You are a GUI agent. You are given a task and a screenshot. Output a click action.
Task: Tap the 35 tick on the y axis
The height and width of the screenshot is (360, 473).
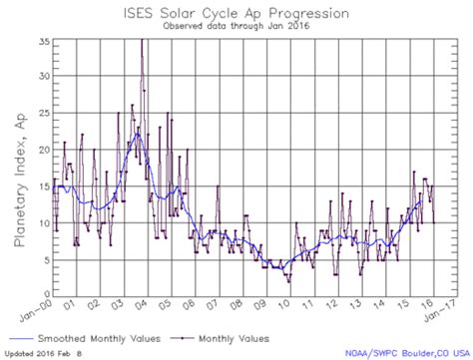[43, 41]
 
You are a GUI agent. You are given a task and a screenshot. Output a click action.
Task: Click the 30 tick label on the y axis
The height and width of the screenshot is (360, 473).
[43, 77]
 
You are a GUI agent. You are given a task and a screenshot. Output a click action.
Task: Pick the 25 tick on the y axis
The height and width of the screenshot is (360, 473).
[43, 113]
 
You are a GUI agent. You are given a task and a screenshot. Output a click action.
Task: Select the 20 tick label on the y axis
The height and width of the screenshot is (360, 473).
[43, 150]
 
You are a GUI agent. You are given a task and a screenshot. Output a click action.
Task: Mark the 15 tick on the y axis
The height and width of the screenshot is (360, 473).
[43, 185]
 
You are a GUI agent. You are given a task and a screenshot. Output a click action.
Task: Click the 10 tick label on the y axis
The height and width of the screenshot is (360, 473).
[43, 222]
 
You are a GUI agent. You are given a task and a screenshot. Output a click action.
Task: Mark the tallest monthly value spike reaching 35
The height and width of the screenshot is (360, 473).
[142, 42]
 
